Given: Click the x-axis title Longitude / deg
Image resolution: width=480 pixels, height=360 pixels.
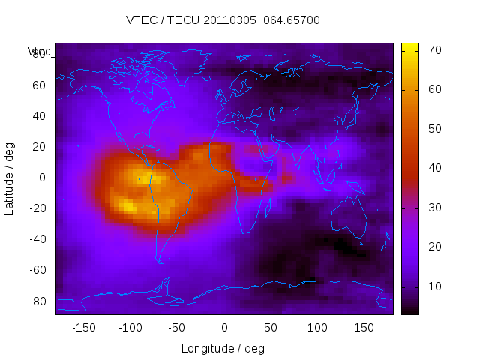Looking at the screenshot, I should pos(223,348).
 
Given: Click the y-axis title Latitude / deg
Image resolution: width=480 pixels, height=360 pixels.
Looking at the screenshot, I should pos(10,178).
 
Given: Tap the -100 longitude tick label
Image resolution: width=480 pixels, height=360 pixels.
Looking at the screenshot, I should pos(130,328).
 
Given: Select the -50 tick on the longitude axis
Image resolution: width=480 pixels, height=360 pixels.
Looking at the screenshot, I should pos(177,328).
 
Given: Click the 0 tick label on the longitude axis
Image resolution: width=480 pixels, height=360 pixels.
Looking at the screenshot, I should pos(224,328).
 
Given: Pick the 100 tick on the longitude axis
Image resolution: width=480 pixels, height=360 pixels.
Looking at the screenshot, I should pos(317,328).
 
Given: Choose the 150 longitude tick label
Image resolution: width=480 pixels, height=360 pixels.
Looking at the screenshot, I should pos(364,328).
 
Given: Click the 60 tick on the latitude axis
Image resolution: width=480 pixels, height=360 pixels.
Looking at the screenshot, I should pos(39,85).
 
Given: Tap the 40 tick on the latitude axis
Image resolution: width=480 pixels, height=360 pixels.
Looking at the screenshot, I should pos(39,115).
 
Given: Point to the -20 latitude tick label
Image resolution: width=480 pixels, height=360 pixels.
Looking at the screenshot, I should pos(37,208).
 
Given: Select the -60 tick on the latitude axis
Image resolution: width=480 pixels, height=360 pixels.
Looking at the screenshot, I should pos(37,270).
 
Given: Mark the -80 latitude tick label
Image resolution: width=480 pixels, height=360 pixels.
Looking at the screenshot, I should pos(37,301).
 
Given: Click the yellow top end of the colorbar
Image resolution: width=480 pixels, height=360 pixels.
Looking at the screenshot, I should pos(409,46).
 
